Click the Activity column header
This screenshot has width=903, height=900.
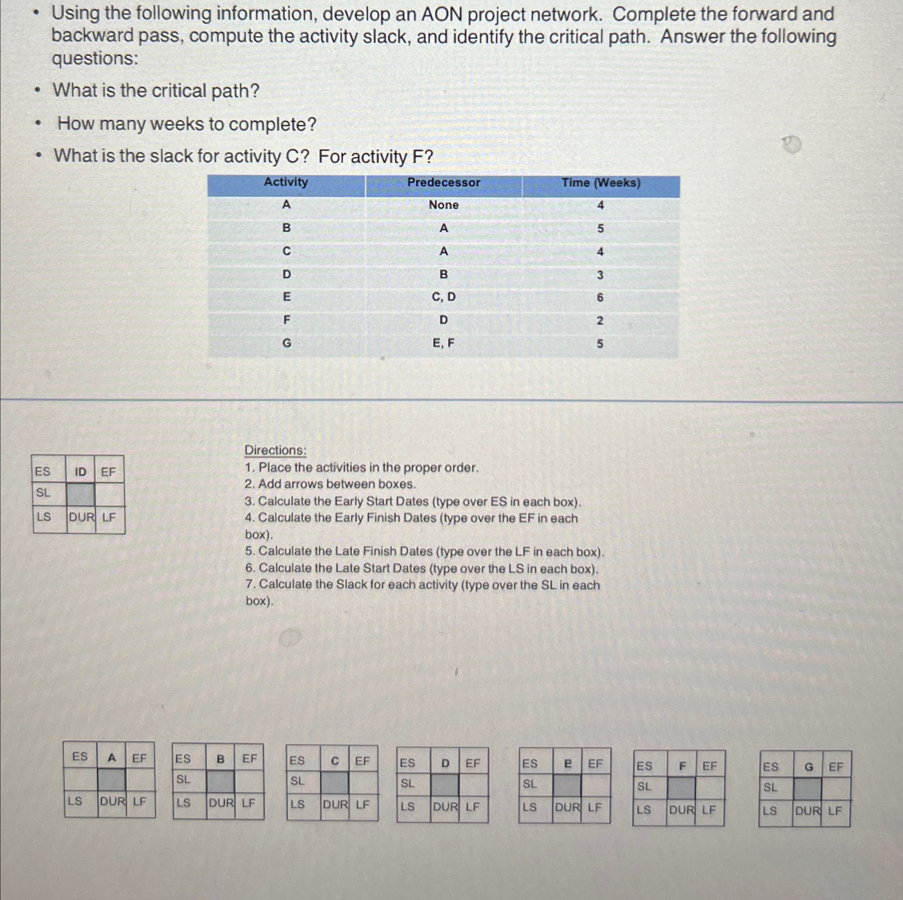(286, 182)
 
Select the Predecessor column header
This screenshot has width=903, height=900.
(443, 182)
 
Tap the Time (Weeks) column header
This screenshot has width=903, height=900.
(601, 182)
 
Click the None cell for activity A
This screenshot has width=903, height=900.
(443, 205)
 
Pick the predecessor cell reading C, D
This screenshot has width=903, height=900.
(443, 297)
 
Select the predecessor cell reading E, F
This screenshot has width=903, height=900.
(443, 343)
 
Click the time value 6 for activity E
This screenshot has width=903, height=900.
(600, 297)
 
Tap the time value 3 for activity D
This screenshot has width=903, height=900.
(600, 275)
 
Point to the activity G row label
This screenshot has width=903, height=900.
(286, 343)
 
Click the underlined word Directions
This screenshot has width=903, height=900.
(275, 450)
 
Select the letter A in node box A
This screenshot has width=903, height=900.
(112, 757)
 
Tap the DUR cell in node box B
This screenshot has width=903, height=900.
(221, 803)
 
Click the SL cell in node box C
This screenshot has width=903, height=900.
(298, 780)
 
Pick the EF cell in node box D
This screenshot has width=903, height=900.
(473, 763)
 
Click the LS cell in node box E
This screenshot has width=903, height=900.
(529, 807)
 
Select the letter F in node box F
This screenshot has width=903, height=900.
(682, 766)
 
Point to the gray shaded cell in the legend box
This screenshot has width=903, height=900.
(81, 495)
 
